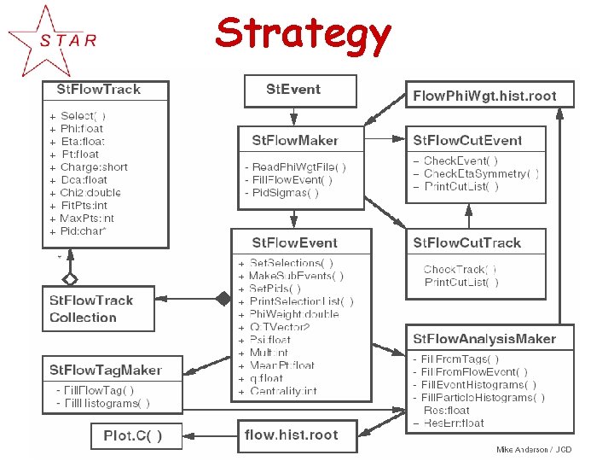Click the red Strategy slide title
303,34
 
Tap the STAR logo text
68,39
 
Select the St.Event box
293,90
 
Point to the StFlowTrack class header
99,89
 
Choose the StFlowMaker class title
295,140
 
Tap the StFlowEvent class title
295,242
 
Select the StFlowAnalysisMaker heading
484,339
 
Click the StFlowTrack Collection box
91,308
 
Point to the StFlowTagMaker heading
106,370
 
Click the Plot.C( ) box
125,435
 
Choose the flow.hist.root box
291,435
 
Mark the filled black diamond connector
223,299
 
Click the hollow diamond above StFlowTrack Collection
70,278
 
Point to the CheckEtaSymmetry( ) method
481,174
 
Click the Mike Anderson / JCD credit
534,450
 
